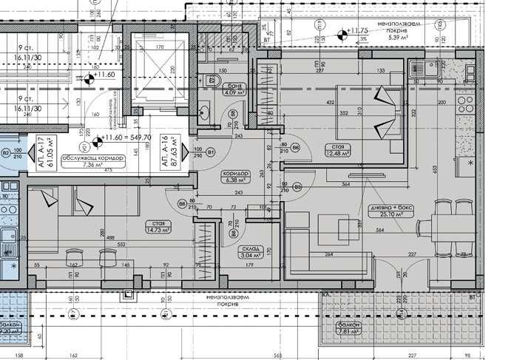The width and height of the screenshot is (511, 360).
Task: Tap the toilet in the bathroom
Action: click(217, 81)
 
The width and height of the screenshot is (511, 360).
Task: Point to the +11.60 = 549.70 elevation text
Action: click(127, 137)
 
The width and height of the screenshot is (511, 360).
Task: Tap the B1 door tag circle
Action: click(211, 153)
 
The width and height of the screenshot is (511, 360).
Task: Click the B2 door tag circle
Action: click(5, 153)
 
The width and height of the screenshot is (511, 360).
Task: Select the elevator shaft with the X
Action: click(160, 65)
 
